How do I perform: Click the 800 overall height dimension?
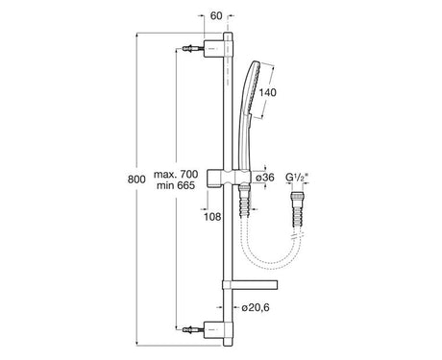pos(136,180)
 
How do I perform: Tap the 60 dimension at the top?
pos(216,16)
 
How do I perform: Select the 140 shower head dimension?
pos(267,93)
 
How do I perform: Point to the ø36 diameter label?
pos(265,177)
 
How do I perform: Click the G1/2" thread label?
pos(297,177)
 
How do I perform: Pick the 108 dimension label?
pos(212,217)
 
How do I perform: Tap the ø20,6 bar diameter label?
pos(256,307)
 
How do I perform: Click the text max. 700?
pos(176,175)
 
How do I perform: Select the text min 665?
pos(176,185)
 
